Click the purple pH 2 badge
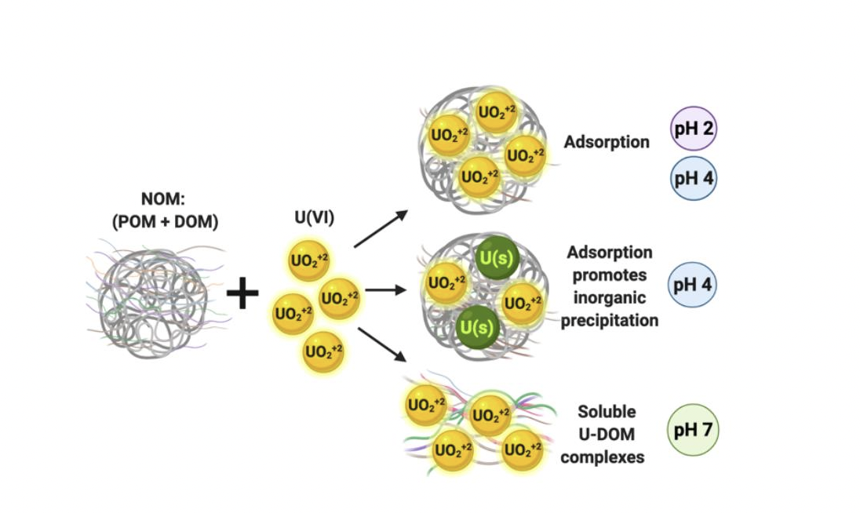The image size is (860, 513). [x=693, y=129]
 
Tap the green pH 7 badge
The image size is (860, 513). [x=693, y=430]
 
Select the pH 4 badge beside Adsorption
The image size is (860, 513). [x=693, y=177]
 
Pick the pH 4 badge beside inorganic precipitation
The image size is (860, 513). [x=693, y=284]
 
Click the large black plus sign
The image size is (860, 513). [x=242, y=294]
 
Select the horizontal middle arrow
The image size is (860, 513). [x=384, y=289]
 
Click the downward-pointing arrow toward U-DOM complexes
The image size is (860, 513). [x=381, y=345]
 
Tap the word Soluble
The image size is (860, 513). [x=606, y=411]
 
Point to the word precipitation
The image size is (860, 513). [x=610, y=320]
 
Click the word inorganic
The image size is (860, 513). [x=610, y=298]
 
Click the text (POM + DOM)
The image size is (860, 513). [x=165, y=223]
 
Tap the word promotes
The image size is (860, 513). [x=610, y=275]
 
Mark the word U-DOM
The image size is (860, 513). [x=607, y=434]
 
